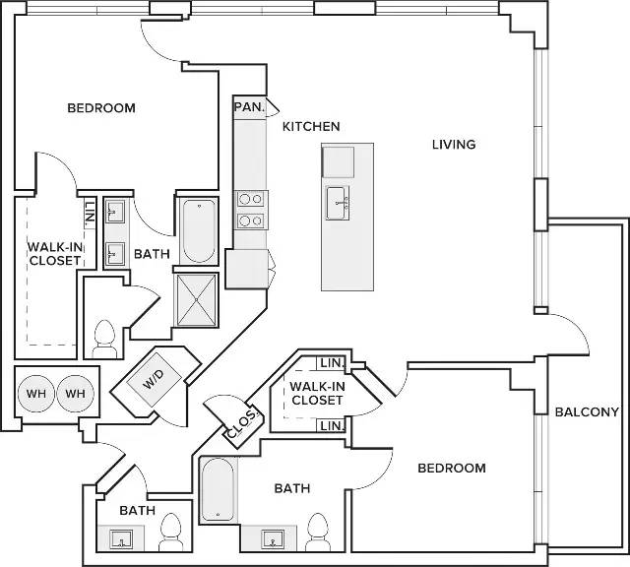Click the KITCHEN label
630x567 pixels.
(x=311, y=127)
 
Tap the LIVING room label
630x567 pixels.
(x=454, y=145)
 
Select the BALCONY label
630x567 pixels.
(x=587, y=411)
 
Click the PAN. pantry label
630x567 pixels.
(x=249, y=107)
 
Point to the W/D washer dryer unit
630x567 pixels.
(x=155, y=380)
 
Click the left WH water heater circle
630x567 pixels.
(x=36, y=394)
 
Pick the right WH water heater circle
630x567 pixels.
(x=75, y=394)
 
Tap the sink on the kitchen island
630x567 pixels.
(x=337, y=203)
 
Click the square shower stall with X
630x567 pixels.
(x=196, y=300)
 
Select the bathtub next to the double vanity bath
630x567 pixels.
(x=199, y=230)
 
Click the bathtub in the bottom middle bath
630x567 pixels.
(x=218, y=489)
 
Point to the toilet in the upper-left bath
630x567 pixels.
(x=104, y=339)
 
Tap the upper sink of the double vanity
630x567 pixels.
(x=115, y=212)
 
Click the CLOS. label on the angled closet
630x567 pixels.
(x=242, y=424)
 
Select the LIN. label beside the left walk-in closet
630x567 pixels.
(x=90, y=213)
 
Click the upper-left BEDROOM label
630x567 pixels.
(x=101, y=108)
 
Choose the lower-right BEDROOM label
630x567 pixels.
(x=452, y=469)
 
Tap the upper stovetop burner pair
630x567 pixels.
(x=251, y=199)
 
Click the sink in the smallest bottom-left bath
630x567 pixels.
(x=121, y=538)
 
